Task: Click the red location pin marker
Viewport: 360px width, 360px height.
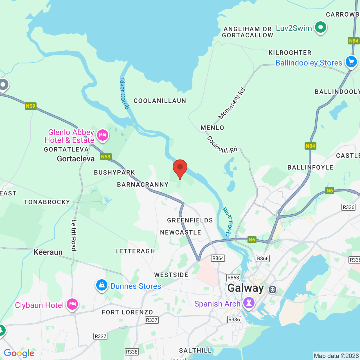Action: tap(180, 168)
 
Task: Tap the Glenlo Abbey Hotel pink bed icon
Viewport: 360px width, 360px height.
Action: tap(103, 135)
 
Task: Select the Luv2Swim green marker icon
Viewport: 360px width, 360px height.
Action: tap(320, 27)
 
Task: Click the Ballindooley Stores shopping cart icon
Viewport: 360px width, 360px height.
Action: tap(351, 61)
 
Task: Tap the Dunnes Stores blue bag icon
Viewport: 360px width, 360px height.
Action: tap(102, 285)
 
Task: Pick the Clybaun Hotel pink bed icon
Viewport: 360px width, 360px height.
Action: tap(72, 304)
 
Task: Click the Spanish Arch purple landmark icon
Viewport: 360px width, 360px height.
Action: tap(249, 303)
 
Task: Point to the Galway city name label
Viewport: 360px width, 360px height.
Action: tap(246, 288)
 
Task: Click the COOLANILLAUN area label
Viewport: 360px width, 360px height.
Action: tap(160, 101)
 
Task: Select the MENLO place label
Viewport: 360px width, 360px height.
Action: tap(212, 128)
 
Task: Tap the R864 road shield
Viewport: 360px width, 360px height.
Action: tap(218, 258)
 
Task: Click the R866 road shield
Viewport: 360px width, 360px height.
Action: tap(263, 258)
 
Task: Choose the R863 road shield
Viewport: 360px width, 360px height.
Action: tap(233, 278)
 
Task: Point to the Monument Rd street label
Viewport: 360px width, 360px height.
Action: tap(232, 104)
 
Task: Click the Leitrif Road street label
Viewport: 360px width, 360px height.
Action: tap(74, 235)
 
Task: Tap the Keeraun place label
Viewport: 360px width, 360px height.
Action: tap(48, 252)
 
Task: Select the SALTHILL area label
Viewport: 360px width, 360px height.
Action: tap(195, 350)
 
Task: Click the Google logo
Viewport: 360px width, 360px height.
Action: tap(19, 353)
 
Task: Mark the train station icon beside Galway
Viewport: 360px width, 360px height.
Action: tap(272, 289)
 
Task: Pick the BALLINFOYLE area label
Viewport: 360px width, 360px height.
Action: tap(310, 167)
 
